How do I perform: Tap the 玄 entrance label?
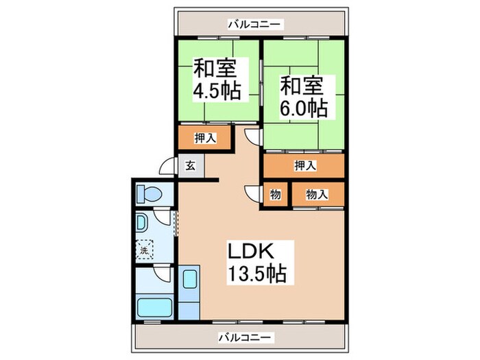pyautogui.click(x=189, y=166)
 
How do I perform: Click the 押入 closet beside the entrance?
pyautogui.click(x=205, y=138)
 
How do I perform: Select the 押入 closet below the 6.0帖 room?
pyautogui.click(x=304, y=165)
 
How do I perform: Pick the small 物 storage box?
pyautogui.click(x=275, y=195)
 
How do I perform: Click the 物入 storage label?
pyautogui.click(x=316, y=195)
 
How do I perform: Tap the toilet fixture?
pyautogui.click(x=147, y=193)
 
